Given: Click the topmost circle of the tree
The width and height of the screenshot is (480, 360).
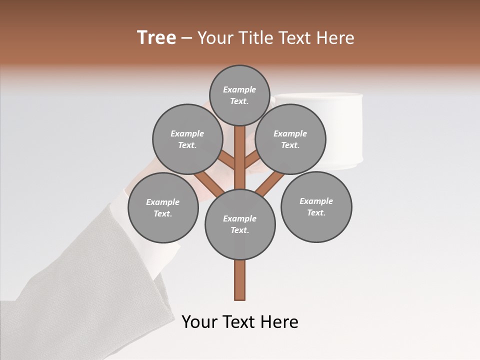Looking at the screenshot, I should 239,95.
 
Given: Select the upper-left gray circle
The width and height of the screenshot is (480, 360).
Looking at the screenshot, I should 187,139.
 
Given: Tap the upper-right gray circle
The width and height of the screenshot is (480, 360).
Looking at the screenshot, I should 290,139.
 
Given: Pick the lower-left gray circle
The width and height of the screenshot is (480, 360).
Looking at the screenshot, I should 163,207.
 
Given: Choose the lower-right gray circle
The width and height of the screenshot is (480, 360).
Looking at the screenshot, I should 316,206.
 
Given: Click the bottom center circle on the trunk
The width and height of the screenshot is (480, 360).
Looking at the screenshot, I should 240,224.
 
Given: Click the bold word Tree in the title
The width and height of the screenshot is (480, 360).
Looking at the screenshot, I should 156,37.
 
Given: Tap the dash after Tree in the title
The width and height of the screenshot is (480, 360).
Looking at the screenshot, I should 186,38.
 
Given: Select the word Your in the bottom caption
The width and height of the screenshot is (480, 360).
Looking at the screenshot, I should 199,322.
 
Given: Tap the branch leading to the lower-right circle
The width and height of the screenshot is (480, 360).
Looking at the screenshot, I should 270,183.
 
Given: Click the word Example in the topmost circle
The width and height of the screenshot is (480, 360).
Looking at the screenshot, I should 239,89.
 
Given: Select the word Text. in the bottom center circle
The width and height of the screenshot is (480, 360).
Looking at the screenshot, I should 239,230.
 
